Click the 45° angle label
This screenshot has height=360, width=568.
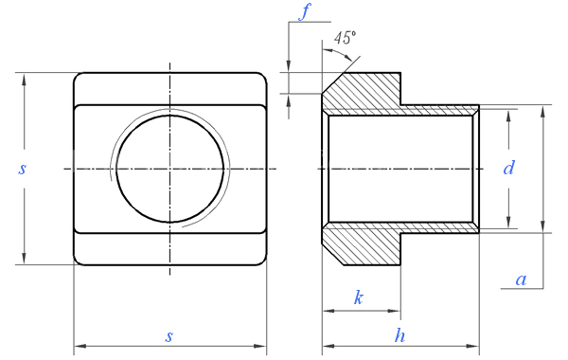tap(345, 38)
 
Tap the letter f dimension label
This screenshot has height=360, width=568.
tap(305, 11)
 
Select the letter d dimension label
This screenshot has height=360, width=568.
tap(508, 168)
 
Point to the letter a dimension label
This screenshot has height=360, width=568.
tap(521, 279)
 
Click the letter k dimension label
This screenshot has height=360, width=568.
tap(358, 297)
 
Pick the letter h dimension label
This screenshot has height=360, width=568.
tap(399, 335)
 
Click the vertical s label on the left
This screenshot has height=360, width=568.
tap(22, 169)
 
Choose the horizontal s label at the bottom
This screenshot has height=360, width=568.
tap(169, 337)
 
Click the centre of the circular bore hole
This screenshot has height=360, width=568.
tap(169, 169)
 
